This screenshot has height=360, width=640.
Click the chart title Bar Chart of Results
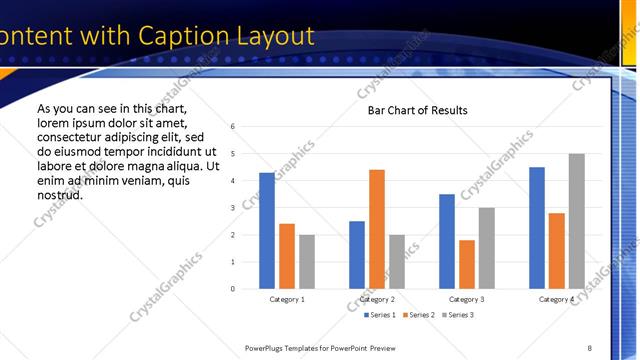(x=411, y=110)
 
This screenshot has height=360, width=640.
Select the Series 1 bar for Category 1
(x=267, y=231)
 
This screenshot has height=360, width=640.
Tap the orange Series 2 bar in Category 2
(x=377, y=229)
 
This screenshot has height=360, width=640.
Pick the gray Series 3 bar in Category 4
(x=577, y=221)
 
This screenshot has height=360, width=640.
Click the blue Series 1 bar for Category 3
(x=447, y=241)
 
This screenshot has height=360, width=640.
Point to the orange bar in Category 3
(x=467, y=264)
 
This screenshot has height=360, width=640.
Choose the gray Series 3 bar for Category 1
(x=307, y=262)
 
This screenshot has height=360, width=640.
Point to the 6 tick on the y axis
(x=232, y=127)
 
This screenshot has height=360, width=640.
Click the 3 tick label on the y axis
(x=232, y=208)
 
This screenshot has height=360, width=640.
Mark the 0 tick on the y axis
(x=232, y=289)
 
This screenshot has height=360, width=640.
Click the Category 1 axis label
(x=287, y=300)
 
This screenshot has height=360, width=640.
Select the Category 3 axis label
(x=467, y=300)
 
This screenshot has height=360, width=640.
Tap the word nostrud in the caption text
(x=59, y=194)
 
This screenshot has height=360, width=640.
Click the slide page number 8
(x=589, y=348)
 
